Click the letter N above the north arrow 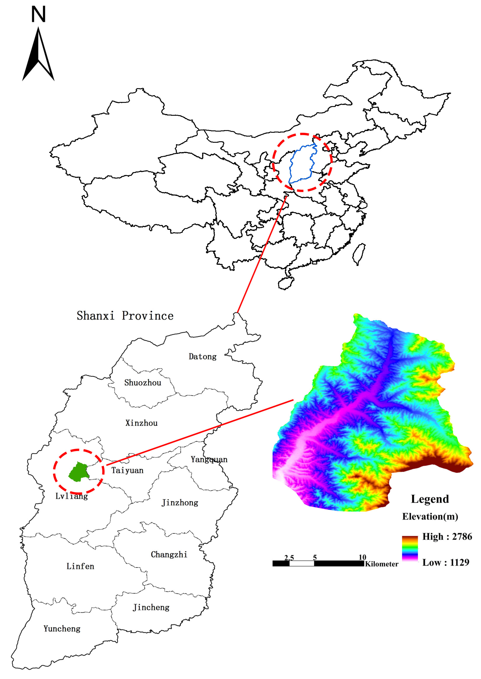39,14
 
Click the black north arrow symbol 38,55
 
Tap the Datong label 203,357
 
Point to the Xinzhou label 142,423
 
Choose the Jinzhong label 180,503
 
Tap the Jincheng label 151,607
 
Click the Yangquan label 209,459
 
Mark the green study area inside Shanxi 78,471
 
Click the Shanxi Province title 125,316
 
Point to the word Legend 430,499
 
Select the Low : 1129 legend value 446,562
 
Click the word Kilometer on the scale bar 382,564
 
